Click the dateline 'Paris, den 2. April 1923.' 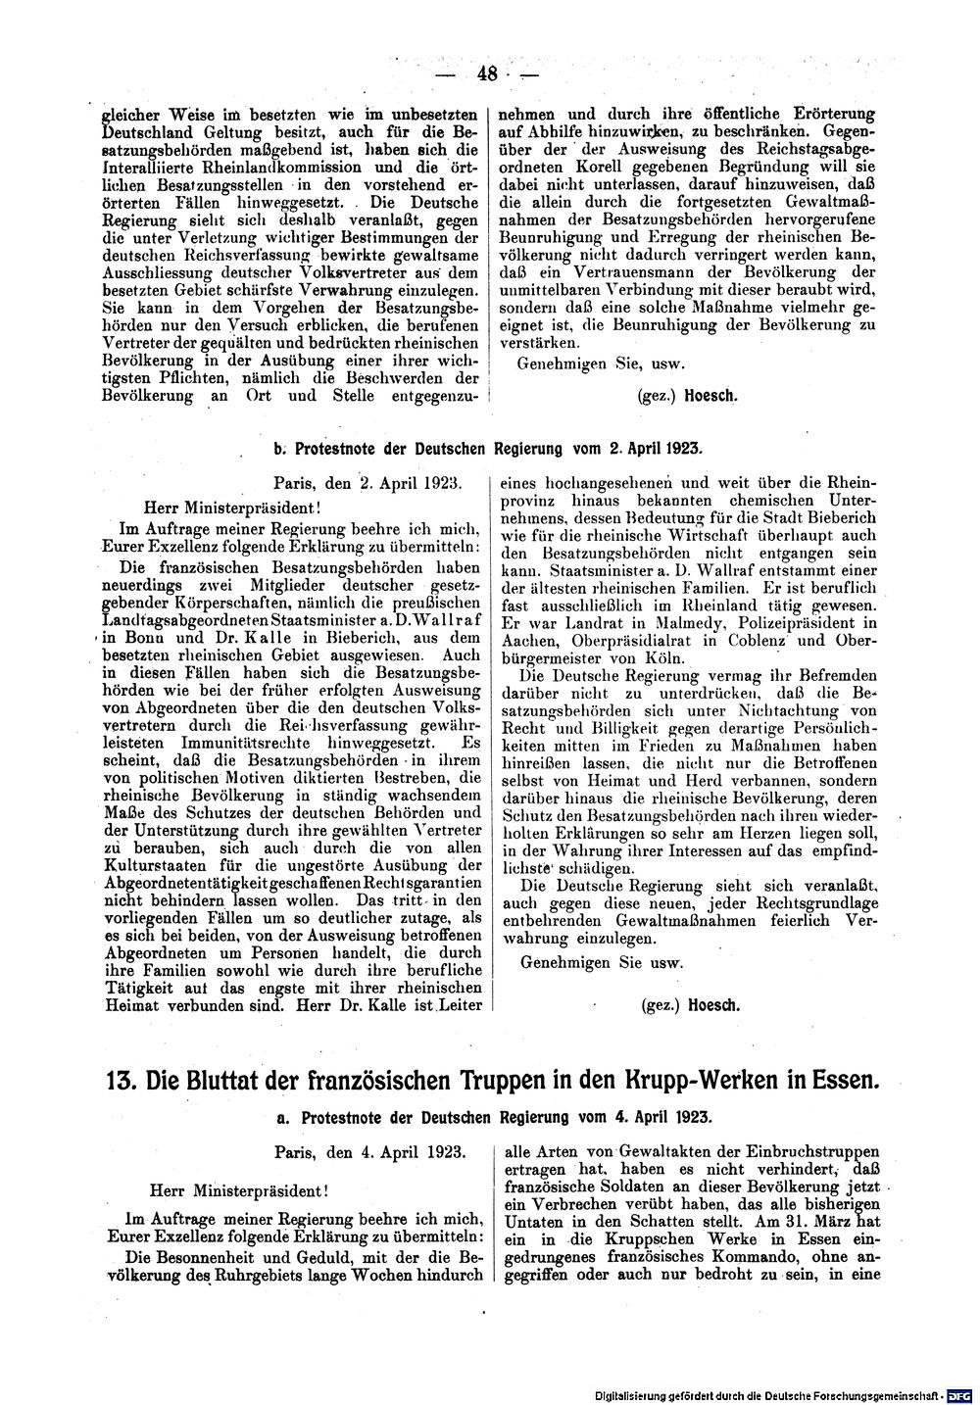tap(374, 482)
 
